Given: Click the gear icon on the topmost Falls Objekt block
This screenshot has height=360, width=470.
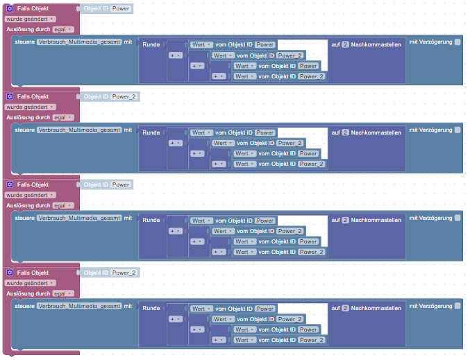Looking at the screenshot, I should (x=10, y=9).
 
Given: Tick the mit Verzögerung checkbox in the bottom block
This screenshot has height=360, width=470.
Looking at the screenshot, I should (x=458, y=307).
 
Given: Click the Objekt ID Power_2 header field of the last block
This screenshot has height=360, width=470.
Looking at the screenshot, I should (x=125, y=273).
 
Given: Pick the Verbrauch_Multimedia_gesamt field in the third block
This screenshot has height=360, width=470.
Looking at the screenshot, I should (x=79, y=218).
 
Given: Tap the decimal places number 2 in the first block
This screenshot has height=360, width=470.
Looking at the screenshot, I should (x=345, y=44).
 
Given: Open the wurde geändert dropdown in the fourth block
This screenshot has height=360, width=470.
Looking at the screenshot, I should (x=31, y=284).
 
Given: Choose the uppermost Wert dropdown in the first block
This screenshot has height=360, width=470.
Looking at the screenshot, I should (x=201, y=44).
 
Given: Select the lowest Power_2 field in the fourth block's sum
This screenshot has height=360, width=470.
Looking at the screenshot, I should (x=312, y=340).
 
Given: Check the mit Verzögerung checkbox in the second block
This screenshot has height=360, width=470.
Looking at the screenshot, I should (x=458, y=130).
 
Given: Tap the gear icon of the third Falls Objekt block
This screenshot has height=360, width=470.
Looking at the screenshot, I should (x=10, y=185).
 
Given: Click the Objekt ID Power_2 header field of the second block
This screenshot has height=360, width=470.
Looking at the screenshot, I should (x=125, y=96).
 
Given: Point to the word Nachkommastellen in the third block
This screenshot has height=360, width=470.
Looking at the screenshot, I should (x=376, y=221).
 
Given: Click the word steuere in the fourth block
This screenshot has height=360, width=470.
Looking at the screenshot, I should (x=25, y=306).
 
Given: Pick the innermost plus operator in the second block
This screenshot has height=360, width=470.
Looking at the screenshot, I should (x=219, y=164).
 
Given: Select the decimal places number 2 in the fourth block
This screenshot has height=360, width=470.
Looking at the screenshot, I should (x=345, y=309).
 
